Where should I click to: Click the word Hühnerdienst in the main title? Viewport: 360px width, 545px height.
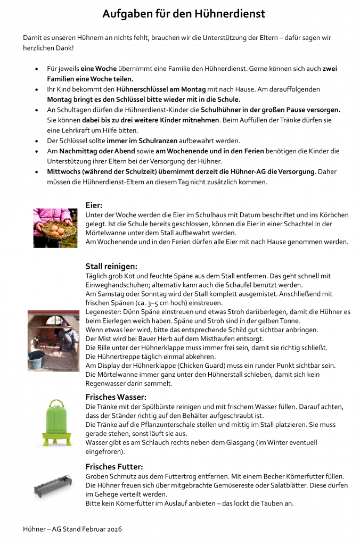coord(230,14)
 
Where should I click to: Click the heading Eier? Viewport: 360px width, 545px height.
coord(94,205)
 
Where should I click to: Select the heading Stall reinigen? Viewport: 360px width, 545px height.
coord(111,266)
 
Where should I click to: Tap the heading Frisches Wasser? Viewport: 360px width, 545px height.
coord(116,397)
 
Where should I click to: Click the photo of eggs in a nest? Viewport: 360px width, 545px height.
coord(52,227)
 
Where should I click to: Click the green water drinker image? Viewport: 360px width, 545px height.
coord(53,423)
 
